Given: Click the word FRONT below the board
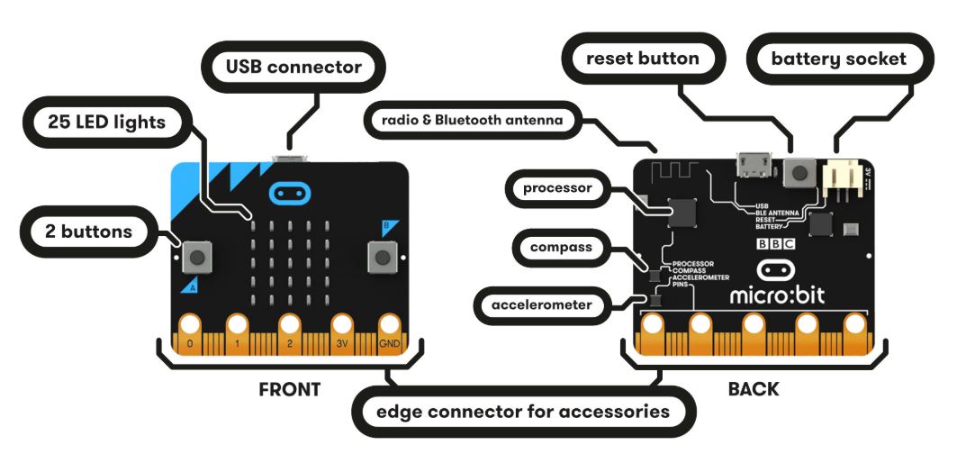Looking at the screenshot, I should (x=289, y=389).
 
